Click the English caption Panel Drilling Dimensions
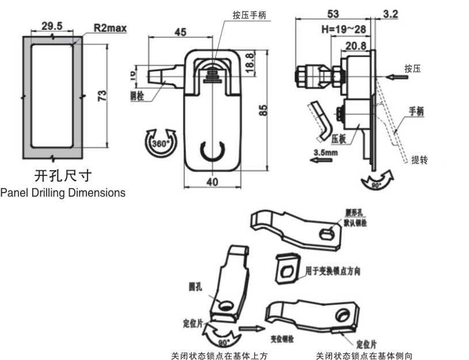(63, 193)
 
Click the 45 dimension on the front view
(180, 33)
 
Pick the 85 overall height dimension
(263, 110)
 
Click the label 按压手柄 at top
(249, 16)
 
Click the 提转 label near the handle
(420, 160)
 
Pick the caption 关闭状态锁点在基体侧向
(364, 355)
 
